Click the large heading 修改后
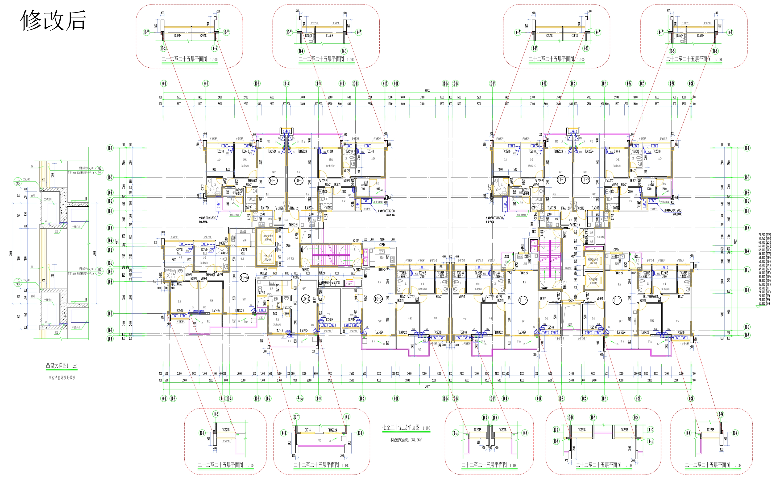tap(53, 20)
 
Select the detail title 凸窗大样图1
tap(57, 366)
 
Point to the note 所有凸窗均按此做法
tap(62, 378)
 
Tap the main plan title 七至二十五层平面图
tap(401, 427)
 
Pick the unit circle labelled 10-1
tap(273, 180)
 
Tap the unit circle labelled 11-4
tap(523, 300)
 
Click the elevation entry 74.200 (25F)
tap(764, 235)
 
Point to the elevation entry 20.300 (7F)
tap(764, 303)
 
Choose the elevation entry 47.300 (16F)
tap(764, 269)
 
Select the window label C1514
tap(616, 250)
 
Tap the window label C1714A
tap(279, 331)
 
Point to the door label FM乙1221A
tap(575, 225)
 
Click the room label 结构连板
tap(600, 237)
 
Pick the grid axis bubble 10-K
tap(747, 251)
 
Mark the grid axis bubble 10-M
tap(110, 241)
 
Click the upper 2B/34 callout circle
tap(99, 170)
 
